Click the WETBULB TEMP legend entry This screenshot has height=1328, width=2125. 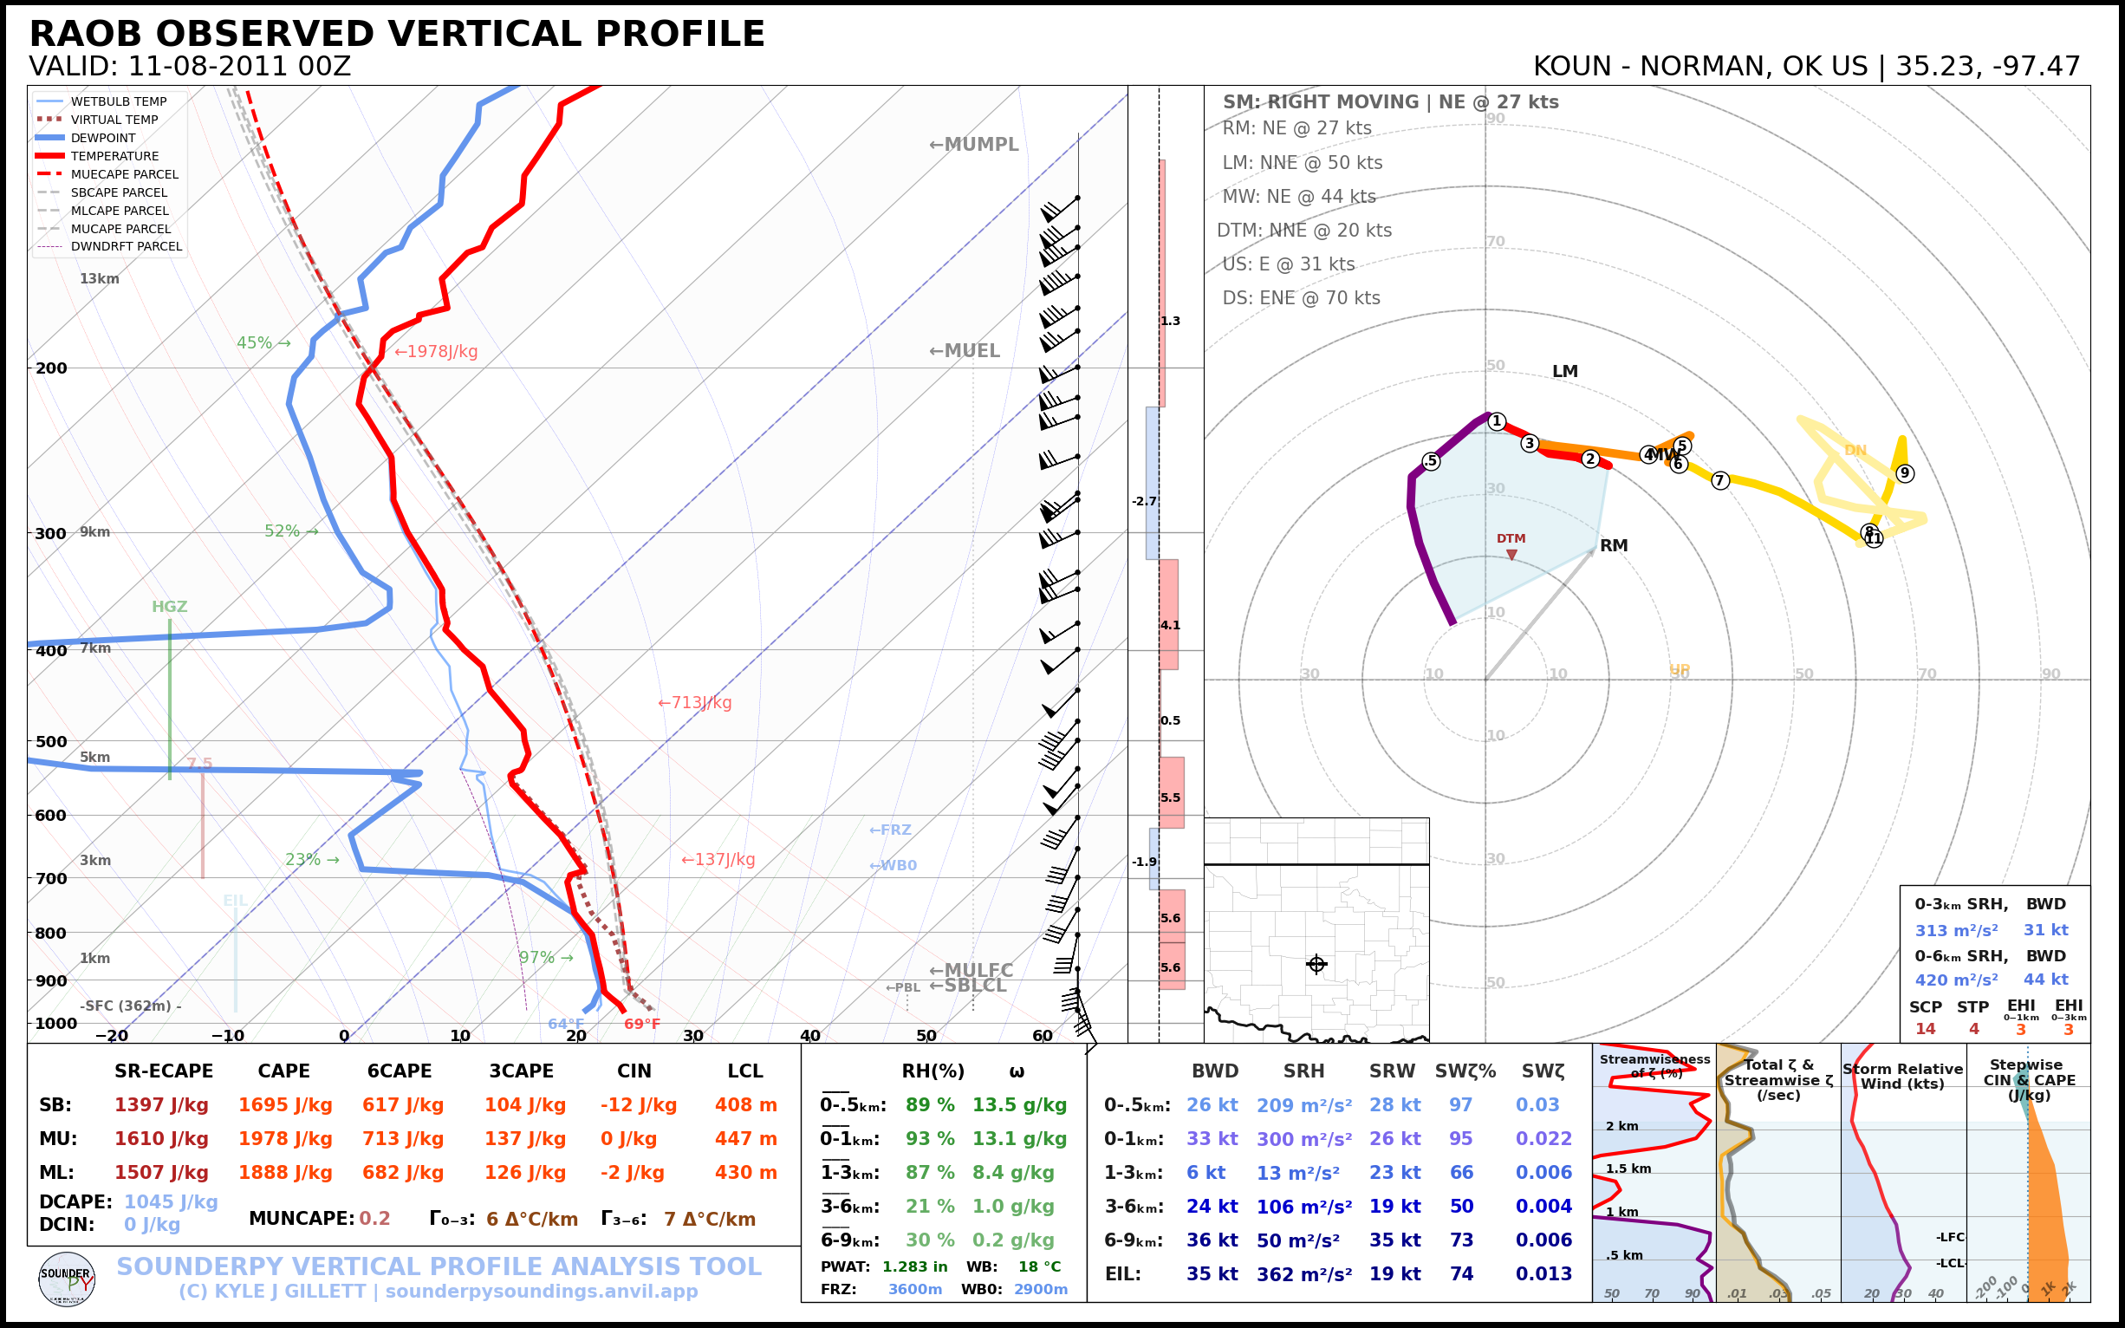point(118,102)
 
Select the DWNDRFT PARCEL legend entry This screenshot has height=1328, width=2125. point(126,247)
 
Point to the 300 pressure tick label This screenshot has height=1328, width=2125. point(51,534)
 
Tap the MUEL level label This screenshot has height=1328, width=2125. point(965,351)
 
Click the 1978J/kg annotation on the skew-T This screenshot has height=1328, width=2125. point(437,352)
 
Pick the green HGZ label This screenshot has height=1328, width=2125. point(170,607)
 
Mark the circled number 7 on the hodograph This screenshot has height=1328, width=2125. point(1720,480)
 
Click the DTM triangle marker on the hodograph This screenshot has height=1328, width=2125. point(1511,554)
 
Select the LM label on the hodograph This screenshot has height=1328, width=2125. point(1565,372)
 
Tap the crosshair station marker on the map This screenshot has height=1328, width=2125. point(1316,965)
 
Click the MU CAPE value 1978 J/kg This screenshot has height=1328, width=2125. point(284,1139)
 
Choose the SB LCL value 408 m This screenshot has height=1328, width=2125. point(745,1105)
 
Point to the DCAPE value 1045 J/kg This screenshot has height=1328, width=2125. point(171,1201)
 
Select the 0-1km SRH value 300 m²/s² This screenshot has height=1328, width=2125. point(1303,1139)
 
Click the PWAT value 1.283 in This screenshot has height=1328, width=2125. point(915,1266)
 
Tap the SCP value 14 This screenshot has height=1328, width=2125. point(1925,1030)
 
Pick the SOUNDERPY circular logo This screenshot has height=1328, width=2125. point(67,1279)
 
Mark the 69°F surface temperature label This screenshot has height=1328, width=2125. point(642,1024)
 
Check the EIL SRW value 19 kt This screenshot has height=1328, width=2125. point(1394,1274)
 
